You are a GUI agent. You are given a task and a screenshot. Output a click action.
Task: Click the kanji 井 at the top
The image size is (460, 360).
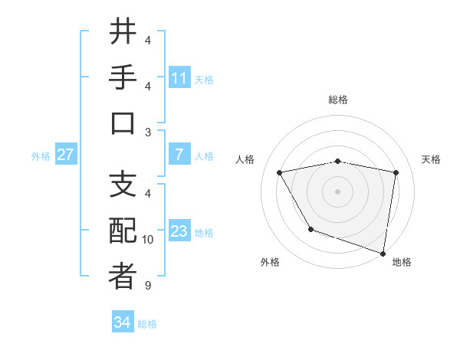(123, 33)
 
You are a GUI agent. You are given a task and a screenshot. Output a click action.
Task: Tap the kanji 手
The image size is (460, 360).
(123, 79)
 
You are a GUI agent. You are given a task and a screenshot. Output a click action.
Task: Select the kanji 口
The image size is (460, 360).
(123, 125)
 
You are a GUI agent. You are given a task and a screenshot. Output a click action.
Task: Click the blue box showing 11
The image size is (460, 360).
(179, 78)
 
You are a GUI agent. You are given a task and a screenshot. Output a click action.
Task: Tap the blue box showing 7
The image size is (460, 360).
(179, 155)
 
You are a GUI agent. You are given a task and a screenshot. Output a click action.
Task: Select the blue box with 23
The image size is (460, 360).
(179, 231)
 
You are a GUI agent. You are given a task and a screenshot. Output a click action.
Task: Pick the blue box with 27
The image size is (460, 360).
(65, 155)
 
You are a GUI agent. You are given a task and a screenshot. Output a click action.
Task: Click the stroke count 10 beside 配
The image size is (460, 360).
(148, 240)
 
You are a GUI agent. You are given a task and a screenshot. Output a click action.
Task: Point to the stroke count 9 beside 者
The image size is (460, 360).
(148, 286)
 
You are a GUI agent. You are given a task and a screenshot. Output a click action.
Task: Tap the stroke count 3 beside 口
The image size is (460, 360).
(148, 133)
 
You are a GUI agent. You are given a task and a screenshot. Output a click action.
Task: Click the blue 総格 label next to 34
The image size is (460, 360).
(147, 324)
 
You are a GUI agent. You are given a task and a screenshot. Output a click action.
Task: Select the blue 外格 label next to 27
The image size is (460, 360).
(41, 156)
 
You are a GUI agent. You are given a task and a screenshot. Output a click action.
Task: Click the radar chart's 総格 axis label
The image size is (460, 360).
(337, 100)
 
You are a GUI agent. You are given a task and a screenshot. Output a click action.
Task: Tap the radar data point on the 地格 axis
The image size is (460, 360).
(383, 253)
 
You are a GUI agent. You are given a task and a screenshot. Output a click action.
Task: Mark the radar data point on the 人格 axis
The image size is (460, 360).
(280, 172)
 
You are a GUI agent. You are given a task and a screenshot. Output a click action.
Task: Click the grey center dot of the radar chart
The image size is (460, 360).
(337, 191)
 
